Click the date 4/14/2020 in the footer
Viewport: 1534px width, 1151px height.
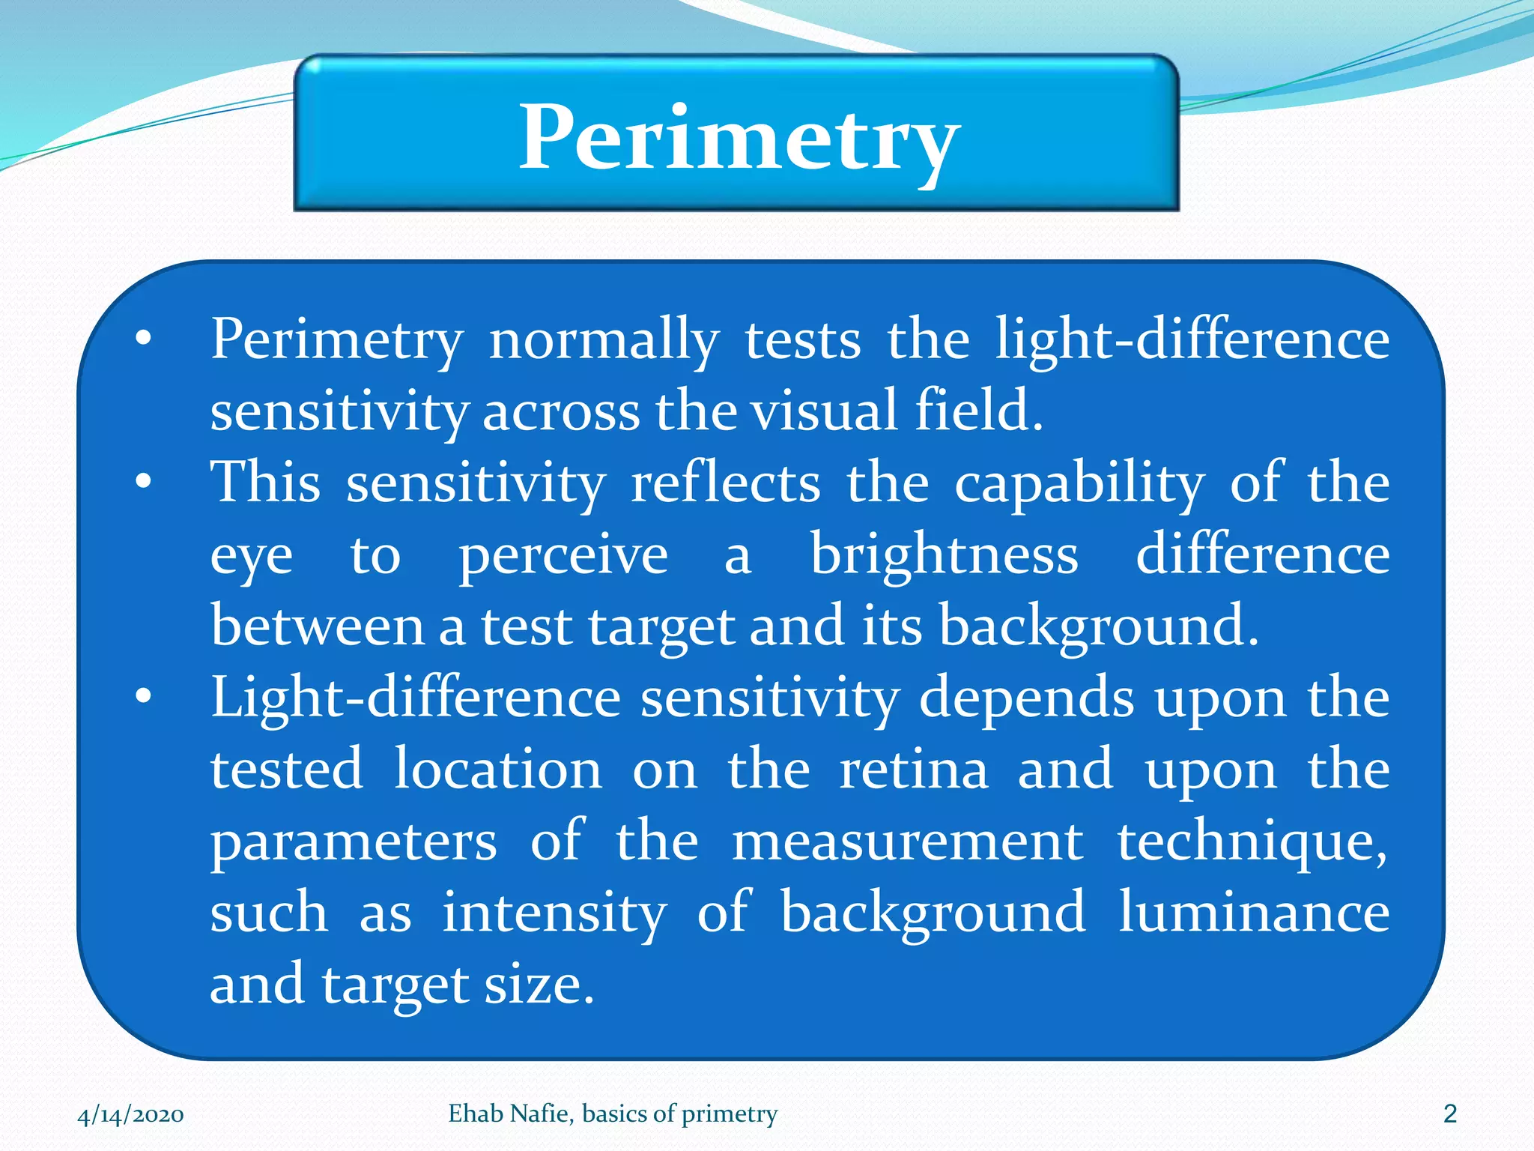[131, 1114]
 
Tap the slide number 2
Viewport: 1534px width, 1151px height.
[1449, 1114]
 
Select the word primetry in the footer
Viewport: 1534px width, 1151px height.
[730, 1114]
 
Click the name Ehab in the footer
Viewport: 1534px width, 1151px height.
[475, 1114]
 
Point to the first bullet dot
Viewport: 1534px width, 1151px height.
[143, 340]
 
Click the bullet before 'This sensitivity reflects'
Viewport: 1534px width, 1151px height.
[143, 482]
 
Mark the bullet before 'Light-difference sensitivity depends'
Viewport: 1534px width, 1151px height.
[143, 698]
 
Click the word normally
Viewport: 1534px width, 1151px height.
[604, 341]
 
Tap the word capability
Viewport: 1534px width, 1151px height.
[1079, 483]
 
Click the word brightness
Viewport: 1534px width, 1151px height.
[945, 555]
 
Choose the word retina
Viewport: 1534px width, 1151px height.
[913, 770]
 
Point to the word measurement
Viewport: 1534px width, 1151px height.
[907, 842]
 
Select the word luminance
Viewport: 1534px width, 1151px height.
[1253, 913]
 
